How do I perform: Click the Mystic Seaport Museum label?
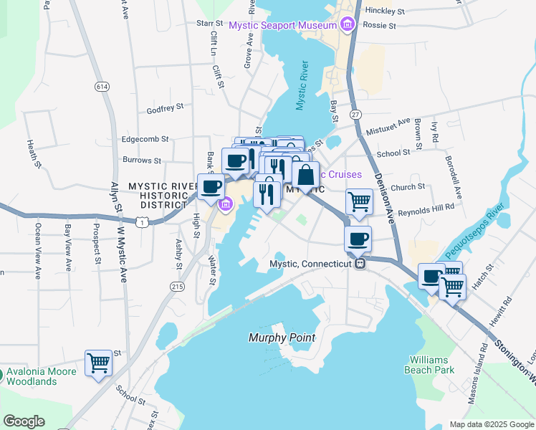tap(282, 26)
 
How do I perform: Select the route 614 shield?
tap(101, 86)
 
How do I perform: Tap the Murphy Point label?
tap(282, 338)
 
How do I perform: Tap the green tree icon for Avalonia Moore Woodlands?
tap(2, 373)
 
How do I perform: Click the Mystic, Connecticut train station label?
tap(312, 264)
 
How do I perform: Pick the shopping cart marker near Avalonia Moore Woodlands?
tap(98, 362)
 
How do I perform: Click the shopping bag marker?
tap(305, 174)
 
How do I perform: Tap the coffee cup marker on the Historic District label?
tap(210, 186)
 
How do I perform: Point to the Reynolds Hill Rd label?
tap(428, 206)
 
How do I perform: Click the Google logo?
tap(24, 421)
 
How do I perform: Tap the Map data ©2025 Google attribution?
tap(491, 424)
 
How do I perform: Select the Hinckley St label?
tap(385, 11)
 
